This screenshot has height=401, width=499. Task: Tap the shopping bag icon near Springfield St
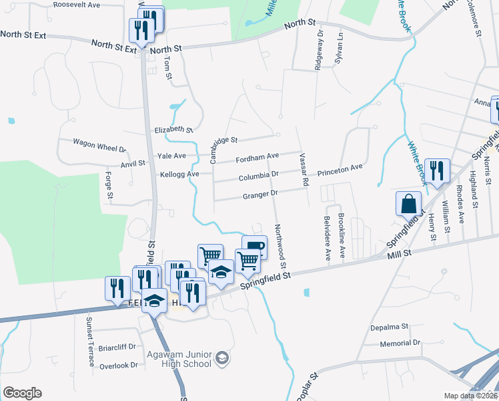408,203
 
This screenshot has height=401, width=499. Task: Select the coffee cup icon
254,247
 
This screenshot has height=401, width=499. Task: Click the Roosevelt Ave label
76,4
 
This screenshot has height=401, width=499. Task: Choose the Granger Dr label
260,194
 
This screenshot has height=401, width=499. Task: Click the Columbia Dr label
258,177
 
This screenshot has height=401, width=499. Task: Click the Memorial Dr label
400,343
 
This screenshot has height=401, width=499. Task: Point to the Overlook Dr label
118,366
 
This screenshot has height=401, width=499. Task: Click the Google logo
22,393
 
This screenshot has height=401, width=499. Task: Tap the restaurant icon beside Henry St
437,170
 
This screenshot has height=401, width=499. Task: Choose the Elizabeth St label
173,130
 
